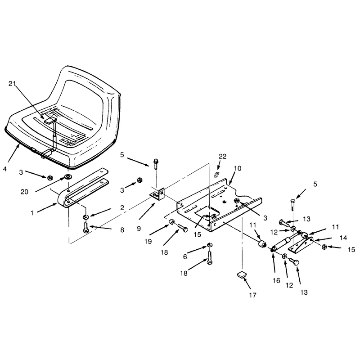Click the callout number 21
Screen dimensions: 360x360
pos(12,84)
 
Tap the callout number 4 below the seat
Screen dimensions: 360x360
pos(5,169)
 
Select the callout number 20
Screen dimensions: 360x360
pos(24,192)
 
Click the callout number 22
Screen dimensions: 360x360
pos(222,156)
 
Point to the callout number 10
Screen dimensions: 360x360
pos(238,168)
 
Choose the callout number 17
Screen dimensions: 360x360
pos(252,295)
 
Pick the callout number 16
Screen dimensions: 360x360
pos(276,280)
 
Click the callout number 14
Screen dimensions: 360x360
pos(343,238)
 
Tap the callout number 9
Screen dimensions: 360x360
pos(139,229)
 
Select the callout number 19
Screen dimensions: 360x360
pos(148,241)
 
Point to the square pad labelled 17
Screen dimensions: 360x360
pos(241,274)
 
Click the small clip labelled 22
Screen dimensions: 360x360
pos(216,175)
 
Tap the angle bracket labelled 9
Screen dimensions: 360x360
pos(158,194)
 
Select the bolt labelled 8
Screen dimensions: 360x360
pos(86,228)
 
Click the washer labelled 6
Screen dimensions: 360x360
pos(209,245)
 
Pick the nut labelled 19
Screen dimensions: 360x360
pos(172,222)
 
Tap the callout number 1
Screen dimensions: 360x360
pos(32,213)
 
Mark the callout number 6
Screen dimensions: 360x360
pos(185,256)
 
